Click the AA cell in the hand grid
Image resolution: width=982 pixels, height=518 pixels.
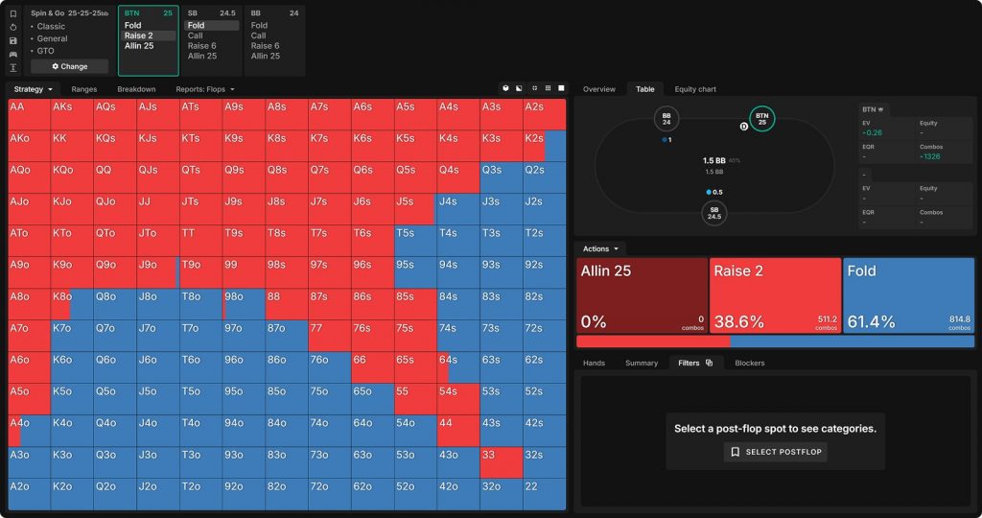click(x=29, y=114)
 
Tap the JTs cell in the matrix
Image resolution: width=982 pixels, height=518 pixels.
click(x=200, y=209)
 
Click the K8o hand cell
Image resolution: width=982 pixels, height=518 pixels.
click(x=72, y=304)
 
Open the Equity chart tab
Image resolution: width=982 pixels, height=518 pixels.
click(x=694, y=89)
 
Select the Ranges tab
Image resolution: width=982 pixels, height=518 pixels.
click(x=84, y=89)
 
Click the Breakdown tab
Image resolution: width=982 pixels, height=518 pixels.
click(x=136, y=89)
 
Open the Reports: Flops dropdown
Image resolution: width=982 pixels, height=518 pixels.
click(x=205, y=89)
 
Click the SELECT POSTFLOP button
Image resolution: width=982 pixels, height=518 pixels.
click(x=775, y=452)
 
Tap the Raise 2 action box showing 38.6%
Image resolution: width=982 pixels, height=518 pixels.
click(x=775, y=295)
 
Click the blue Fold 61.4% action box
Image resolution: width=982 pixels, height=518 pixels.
click(x=908, y=295)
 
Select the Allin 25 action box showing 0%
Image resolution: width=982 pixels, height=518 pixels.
click(x=642, y=295)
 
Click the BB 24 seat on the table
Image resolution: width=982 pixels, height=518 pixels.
click(x=666, y=120)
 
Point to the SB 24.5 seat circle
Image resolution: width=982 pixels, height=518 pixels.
click(x=713, y=213)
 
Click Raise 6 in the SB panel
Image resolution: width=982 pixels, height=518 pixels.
click(x=200, y=46)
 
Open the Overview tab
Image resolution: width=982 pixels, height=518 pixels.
click(x=599, y=89)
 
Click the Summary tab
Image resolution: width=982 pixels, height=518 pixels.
click(x=641, y=363)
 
